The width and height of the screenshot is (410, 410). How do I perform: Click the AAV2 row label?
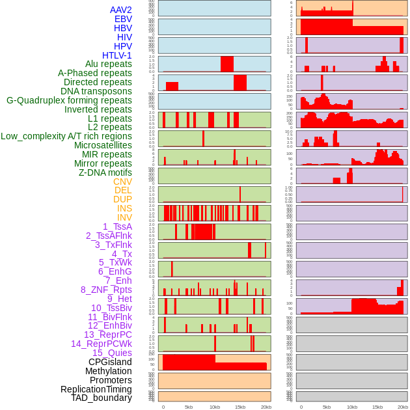[121, 10]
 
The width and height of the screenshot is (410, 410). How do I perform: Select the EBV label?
[123, 19]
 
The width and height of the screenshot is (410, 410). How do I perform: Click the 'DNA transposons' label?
[96, 91]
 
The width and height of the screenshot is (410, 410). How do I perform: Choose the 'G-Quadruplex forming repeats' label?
[69, 100]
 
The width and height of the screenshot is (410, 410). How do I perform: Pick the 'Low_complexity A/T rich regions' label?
[66, 136]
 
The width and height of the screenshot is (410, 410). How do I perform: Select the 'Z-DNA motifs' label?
[105, 172]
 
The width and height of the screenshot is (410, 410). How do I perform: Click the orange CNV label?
[122, 182]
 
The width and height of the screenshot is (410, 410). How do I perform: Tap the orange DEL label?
[123, 191]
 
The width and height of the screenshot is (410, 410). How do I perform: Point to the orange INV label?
[124, 217]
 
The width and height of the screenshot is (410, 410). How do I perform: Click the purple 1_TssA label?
[117, 226]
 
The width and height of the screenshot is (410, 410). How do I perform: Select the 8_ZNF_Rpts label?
[106, 290]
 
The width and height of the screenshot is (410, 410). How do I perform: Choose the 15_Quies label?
[112, 353]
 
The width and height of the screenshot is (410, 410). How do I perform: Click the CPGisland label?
[110, 362]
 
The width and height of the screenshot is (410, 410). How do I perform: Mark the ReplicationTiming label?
[96, 389]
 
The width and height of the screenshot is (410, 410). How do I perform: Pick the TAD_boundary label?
[102, 398]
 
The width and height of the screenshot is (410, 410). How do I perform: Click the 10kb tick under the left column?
[215, 407]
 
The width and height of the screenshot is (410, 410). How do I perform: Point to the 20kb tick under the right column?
[403, 407]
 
